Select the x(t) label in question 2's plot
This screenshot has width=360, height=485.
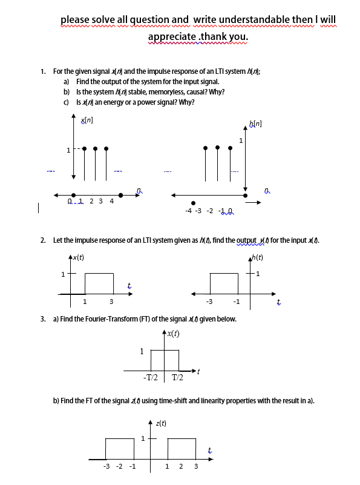77,257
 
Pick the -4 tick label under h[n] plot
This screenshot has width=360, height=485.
188,211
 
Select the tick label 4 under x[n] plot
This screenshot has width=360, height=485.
111,202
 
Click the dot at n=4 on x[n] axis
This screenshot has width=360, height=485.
121,195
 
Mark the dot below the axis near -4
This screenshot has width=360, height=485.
193,203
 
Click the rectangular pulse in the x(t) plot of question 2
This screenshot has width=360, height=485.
99,283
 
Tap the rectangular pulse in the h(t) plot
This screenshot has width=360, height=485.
224,283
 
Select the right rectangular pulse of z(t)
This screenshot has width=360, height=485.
182,449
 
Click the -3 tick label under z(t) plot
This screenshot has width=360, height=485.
106,466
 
